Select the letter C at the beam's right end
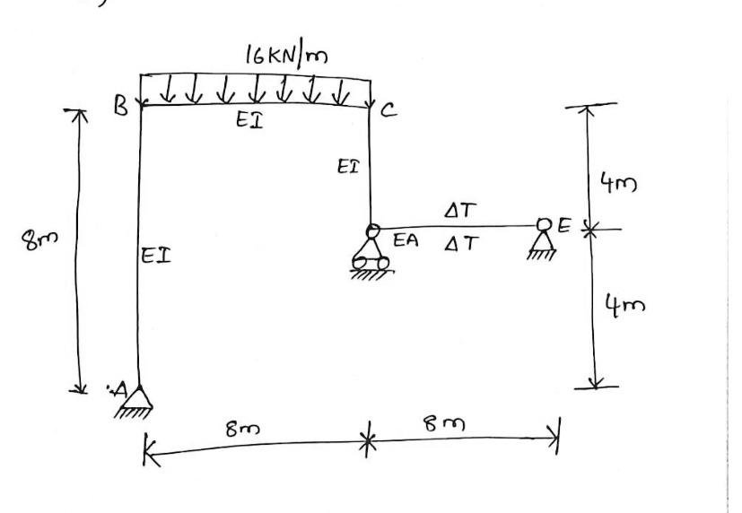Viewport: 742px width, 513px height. point(388,112)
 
